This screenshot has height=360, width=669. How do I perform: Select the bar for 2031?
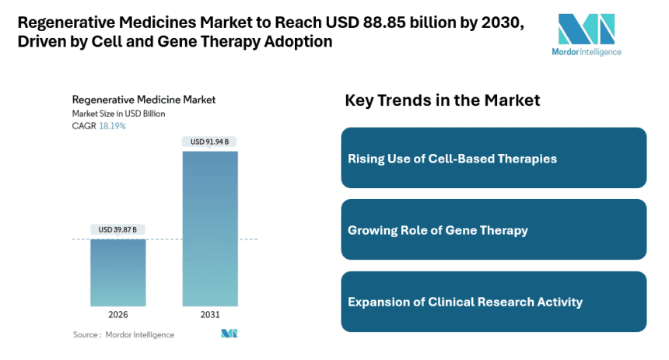(210, 229)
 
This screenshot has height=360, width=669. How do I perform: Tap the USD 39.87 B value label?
(117, 229)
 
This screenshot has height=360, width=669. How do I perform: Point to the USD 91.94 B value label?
(210, 142)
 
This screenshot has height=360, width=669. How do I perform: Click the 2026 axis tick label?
(117, 316)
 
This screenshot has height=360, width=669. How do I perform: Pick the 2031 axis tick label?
(210, 316)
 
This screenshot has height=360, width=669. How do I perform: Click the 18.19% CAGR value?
(112, 126)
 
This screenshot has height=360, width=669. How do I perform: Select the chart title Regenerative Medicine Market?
(144, 100)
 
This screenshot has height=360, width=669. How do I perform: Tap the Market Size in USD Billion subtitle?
(118, 114)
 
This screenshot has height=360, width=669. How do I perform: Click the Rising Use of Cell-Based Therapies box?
(493, 158)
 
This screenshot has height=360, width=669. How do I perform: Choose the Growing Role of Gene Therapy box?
(493, 230)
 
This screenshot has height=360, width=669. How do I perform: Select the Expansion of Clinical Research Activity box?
(493, 302)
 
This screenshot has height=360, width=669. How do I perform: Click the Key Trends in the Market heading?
(442, 100)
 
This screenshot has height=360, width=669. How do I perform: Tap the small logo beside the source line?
(229, 334)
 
